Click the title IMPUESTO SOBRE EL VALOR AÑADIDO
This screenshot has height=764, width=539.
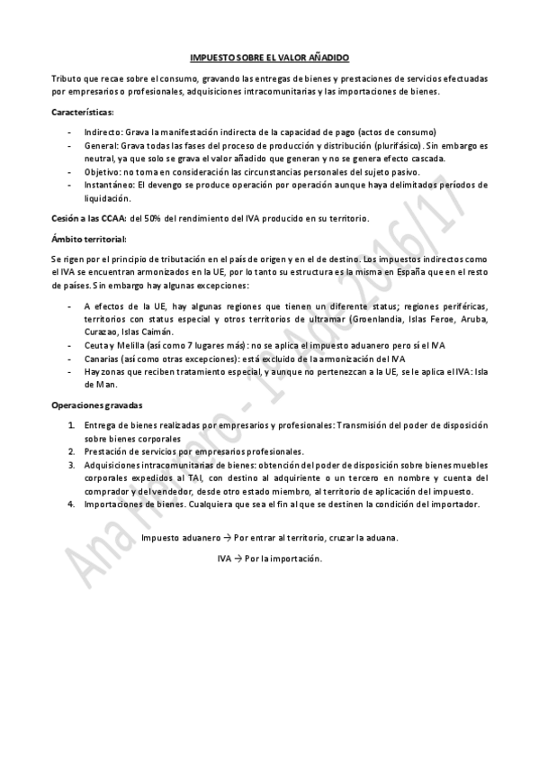click(x=269, y=56)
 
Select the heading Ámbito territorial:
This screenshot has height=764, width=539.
click(x=89, y=239)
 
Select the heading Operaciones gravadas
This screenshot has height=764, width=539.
click(x=96, y=405)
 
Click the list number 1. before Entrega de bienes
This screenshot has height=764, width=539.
click(x=71, y=425)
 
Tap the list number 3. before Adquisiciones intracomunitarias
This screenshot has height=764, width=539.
click(x=71, y=465)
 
